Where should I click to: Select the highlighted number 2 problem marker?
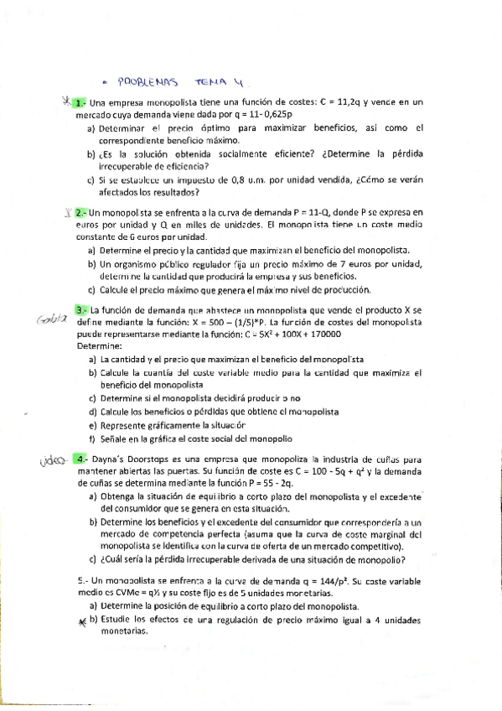point(78,213)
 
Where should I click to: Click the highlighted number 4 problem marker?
point(78,459)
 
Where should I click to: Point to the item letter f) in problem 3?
point(91,439)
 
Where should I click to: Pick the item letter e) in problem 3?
point(91,425)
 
